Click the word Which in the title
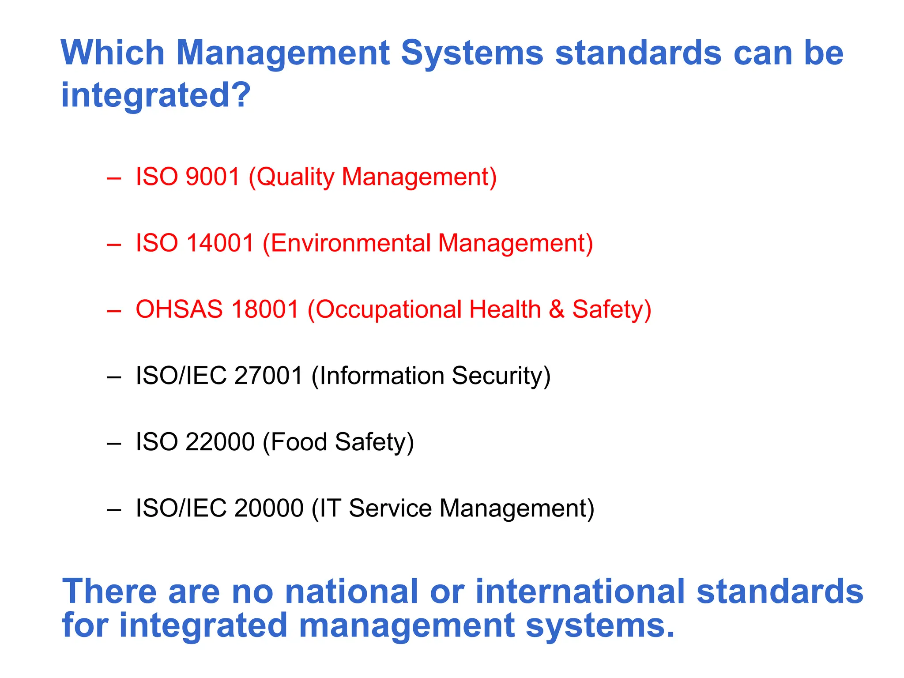point(113,53)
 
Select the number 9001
point(212,177)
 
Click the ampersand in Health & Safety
point(557,309)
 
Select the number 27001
point(268,376)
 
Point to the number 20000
point(268,508)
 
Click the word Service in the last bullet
point(390,508)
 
